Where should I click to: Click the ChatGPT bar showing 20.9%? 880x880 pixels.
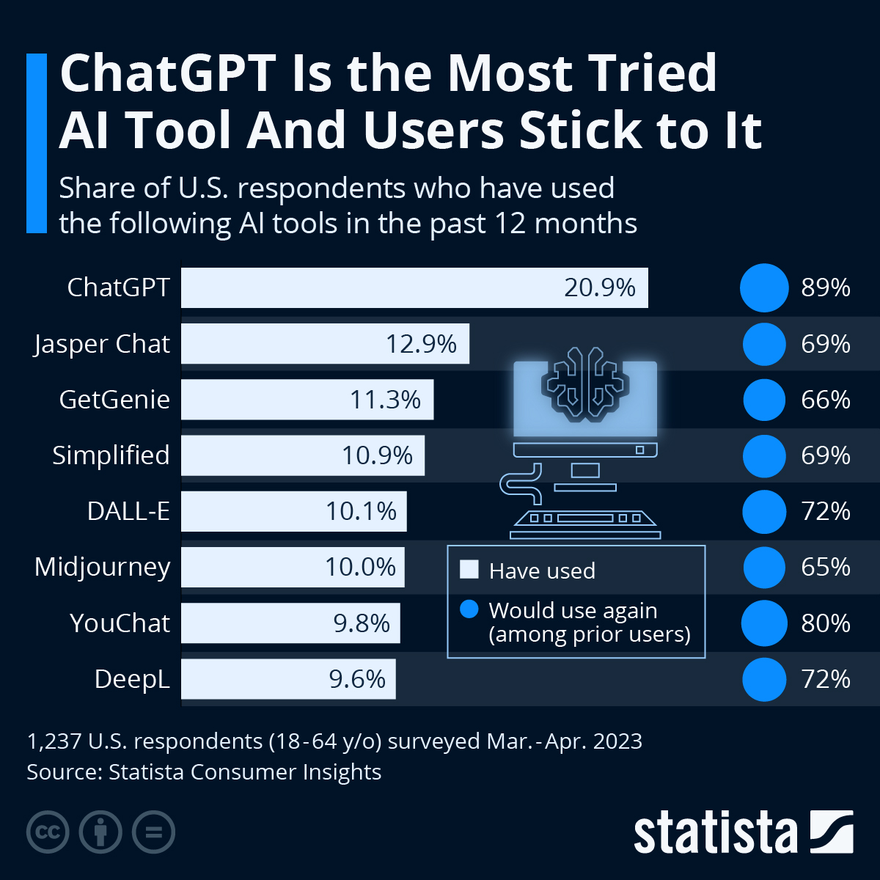(414, 287)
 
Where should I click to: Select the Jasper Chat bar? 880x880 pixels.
(325, 344)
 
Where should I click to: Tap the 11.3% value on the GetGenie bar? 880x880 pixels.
(385, 400)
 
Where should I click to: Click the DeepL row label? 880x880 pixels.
(132, 679)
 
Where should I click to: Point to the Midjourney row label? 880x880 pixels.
(103, 567)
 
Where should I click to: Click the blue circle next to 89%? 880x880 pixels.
(764, 287)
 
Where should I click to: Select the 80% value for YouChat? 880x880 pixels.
(826, 623)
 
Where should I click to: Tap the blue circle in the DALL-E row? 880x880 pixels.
(764, 511)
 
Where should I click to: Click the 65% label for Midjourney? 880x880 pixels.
(826, 567)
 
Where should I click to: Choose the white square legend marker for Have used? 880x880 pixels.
(469, 570)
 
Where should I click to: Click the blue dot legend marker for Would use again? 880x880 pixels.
(469, 609)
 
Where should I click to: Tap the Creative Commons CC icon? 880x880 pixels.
(48, 832)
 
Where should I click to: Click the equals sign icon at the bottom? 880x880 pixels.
(153, 832)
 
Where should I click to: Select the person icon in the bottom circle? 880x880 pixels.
(100, 832)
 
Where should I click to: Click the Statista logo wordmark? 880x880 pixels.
(715, 833)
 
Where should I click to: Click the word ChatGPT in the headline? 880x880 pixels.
(169, 73)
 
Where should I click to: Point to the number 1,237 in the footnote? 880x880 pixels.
(54, 741)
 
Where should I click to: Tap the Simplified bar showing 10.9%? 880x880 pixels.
(303, 455)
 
